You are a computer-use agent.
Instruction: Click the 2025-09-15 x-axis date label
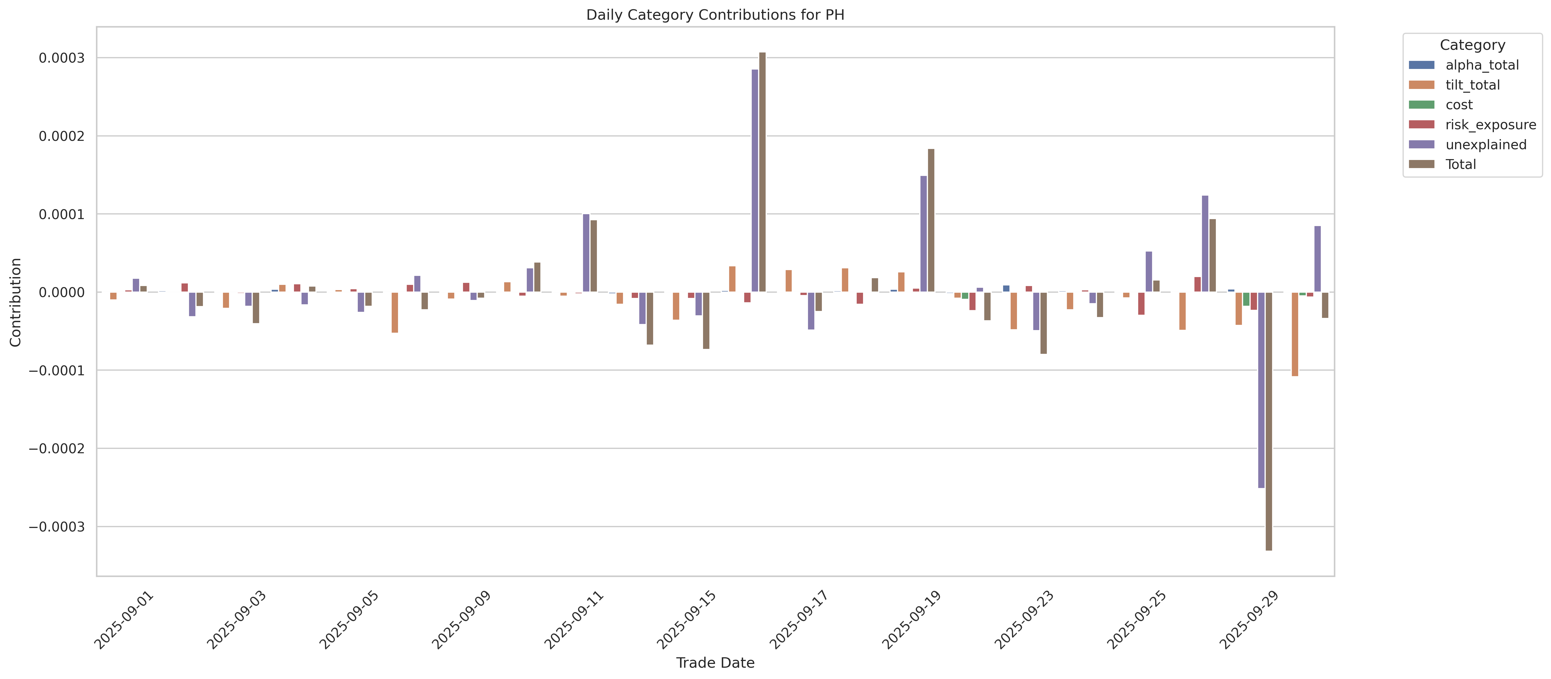point(686,620)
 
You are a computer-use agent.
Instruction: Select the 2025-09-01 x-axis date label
point(124,620)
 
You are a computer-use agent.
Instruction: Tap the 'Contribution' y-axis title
point(16,302)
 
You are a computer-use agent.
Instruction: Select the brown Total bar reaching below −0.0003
point(1269,421)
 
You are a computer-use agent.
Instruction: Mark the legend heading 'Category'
point(1472,45)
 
